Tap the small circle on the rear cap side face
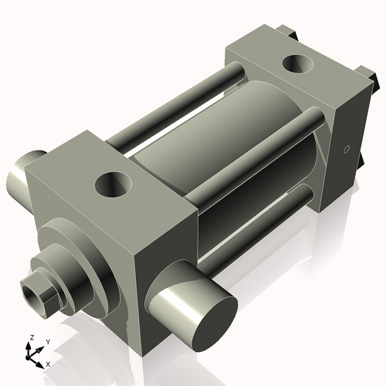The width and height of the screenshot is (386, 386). coord(347,148)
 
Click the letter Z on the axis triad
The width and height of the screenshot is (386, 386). coord(31,337)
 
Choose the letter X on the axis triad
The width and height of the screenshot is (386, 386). coord(49,363)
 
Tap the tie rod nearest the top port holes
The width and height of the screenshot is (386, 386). coord(178,108)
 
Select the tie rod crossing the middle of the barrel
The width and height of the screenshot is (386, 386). coord(255,151)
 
